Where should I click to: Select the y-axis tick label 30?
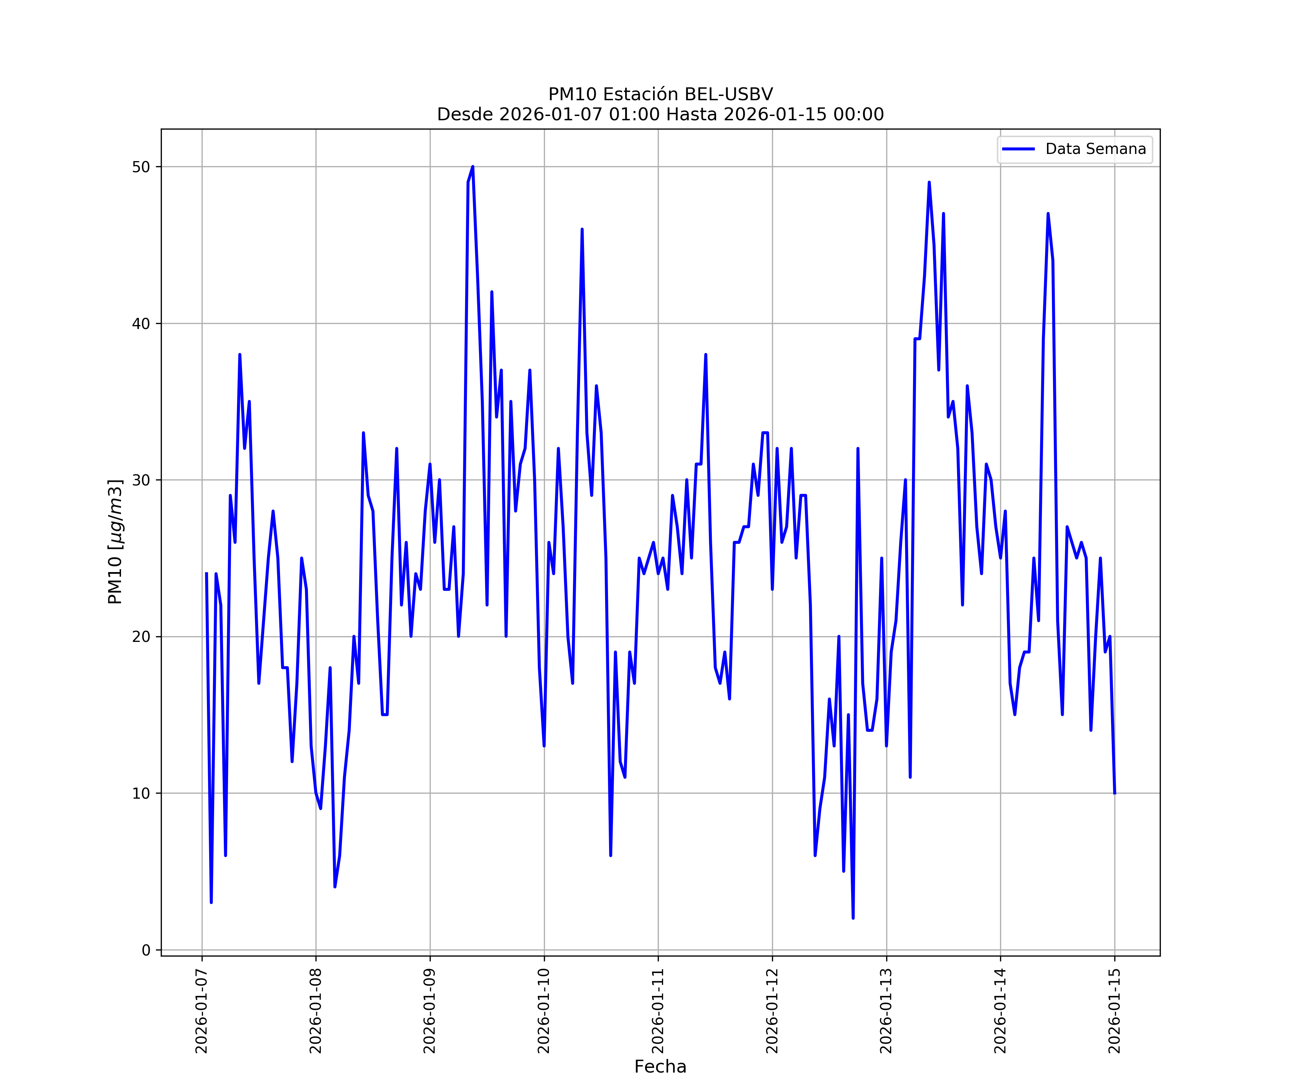pos(141,480)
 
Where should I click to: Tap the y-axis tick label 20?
pos(141,637)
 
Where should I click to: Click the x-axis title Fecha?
pos(660,1066)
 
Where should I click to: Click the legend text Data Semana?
pos(1096,149)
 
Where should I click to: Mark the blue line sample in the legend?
pos(1018,149)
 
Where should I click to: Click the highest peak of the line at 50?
pos(473,167)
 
